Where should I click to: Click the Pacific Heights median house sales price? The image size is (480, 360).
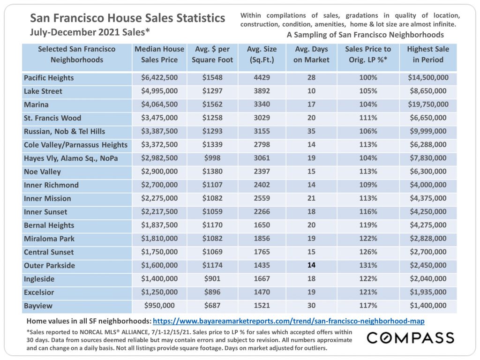point(159,77)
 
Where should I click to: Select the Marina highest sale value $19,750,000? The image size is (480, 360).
point(428,105)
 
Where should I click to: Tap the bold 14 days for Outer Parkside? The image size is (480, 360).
point(311,265)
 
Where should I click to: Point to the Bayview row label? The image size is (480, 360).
point(38,306)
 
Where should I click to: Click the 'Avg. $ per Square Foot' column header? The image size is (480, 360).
point(212,54)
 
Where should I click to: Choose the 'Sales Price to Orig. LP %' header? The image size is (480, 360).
point(368,54)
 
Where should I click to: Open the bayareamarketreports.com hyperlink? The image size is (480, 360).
point(289,321)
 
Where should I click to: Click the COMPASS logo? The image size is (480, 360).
point(411,337)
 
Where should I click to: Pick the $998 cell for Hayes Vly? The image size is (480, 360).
point(212,158)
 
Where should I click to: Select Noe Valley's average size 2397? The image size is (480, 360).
point(262,172)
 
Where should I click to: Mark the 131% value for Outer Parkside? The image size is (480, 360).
point(368,265)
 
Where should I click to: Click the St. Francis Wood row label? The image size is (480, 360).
point(52,118)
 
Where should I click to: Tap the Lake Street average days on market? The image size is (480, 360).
point(311,91)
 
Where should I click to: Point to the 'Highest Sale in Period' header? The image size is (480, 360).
point(428,54)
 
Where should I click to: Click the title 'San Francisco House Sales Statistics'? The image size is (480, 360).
point(127,18)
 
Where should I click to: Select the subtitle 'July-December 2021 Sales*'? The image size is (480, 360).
point(90,32)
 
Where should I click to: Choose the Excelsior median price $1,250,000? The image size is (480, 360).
point(159,292)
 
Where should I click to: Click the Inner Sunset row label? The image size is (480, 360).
point(45,212)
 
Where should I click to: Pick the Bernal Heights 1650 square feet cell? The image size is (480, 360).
point(262,225)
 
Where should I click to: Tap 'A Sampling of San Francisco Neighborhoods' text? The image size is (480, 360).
point(365,35)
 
